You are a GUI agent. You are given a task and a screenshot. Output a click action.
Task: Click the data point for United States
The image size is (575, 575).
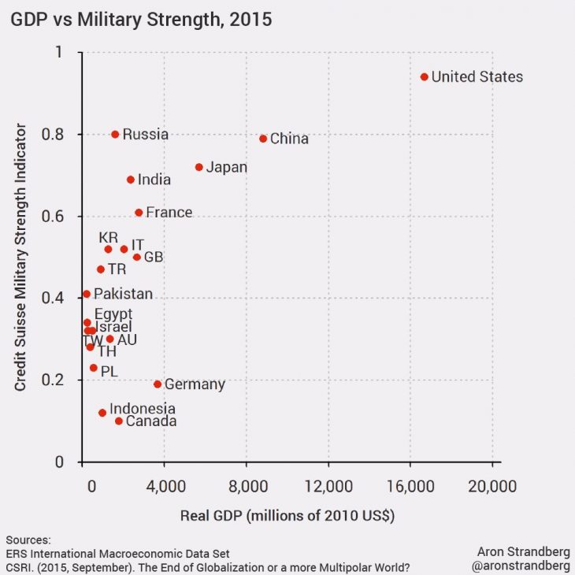[425, 76]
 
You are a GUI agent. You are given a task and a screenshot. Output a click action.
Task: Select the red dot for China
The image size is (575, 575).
[263, 139]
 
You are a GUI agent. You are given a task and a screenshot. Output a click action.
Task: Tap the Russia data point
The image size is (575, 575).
[115, 135]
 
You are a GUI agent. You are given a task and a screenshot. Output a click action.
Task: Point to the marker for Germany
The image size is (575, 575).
[158, 384]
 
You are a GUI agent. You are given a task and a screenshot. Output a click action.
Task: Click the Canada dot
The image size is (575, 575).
[119, 421]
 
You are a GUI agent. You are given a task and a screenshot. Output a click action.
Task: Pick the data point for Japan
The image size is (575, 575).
[199, 167]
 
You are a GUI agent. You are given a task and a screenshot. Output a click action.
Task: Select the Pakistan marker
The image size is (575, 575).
[87, 294]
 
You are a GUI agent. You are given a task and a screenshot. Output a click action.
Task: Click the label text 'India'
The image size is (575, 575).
[154, 180]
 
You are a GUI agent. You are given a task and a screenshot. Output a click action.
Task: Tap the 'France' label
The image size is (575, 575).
[169, 213]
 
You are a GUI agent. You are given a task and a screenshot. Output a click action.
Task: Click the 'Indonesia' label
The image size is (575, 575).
[142, 409]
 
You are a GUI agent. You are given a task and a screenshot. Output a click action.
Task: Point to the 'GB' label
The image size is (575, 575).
[154, 257]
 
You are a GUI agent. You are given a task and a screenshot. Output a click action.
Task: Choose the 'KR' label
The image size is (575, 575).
[108, 237]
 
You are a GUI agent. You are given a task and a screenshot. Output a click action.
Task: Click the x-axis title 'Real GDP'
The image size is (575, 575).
[287, 516]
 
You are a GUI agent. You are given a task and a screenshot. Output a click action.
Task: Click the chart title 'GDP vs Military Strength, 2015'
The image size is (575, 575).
[141, 20]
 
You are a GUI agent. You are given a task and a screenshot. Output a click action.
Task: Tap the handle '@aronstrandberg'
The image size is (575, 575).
[521, 566]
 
